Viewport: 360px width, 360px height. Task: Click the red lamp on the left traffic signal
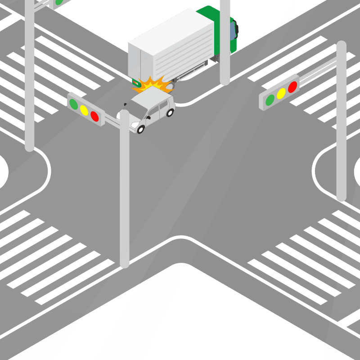click(94, 116)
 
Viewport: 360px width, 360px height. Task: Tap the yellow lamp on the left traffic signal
click(84, 110)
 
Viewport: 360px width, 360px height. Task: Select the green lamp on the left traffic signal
click(73, 103)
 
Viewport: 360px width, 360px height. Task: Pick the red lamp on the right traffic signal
click(292, 87)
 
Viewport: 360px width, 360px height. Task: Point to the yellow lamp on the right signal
click(281, 93)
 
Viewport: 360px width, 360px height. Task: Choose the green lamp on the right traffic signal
click(270, 99)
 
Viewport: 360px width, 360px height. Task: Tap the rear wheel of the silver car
click(170, 112)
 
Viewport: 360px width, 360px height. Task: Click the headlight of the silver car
click(135, 124)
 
